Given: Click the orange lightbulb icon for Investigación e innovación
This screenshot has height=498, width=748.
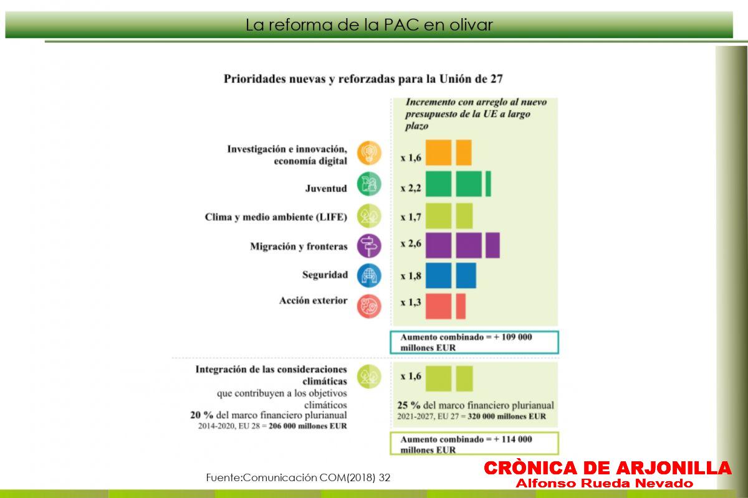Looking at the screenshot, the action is point(369,153).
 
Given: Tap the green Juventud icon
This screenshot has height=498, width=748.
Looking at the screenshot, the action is point(369,184).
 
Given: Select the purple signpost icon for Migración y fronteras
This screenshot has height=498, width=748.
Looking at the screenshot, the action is point(369,246).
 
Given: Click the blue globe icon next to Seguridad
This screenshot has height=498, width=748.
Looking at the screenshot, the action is point(369,276).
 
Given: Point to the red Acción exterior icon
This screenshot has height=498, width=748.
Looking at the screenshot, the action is point(369,306).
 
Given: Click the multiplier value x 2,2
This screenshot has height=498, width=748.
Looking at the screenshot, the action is point(411,188).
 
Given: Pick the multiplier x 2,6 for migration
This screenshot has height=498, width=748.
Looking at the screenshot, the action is point(411,243).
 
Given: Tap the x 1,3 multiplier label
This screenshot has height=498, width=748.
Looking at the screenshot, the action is point(411,302).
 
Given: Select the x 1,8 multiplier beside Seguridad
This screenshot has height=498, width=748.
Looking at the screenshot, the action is point(411,276).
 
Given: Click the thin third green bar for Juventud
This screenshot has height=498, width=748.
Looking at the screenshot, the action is point(488,184).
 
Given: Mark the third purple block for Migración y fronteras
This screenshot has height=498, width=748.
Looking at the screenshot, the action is point(492,245).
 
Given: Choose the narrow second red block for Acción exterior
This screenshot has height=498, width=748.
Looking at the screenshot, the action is point(461,306).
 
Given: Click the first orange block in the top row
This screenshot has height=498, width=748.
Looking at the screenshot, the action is point(438,153).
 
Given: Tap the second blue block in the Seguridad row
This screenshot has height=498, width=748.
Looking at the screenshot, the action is point(466,276).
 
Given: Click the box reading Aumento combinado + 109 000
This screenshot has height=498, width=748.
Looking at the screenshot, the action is point(474,342).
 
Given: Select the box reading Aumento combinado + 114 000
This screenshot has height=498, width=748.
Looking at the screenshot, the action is point(474,444).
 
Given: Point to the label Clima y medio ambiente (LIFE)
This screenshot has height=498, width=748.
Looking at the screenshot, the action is point(276,217).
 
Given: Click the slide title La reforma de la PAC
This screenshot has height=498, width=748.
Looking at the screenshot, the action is point(369,25).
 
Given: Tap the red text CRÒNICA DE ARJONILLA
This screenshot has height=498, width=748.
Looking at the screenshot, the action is point(607,467).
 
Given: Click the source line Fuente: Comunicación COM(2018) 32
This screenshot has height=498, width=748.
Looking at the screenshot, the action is point(298,477).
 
